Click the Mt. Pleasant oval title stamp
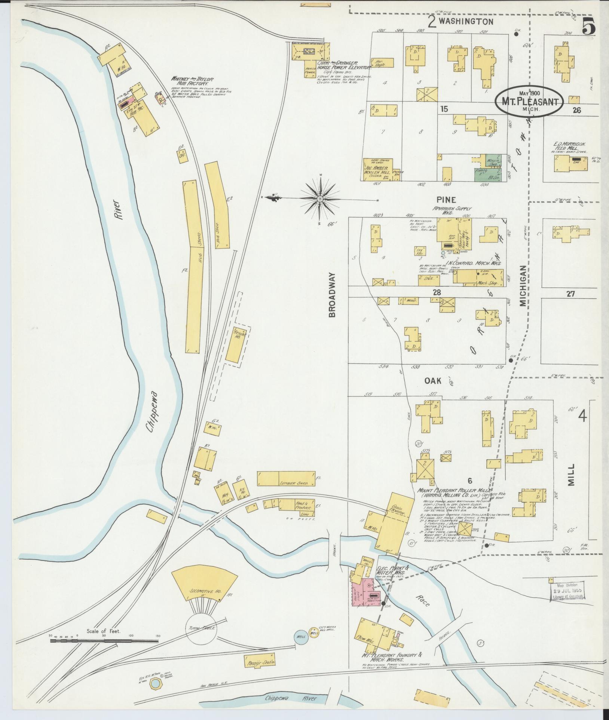(x=529, y=101)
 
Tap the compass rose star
(x=320, y=199)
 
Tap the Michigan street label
(x=523, y=286)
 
